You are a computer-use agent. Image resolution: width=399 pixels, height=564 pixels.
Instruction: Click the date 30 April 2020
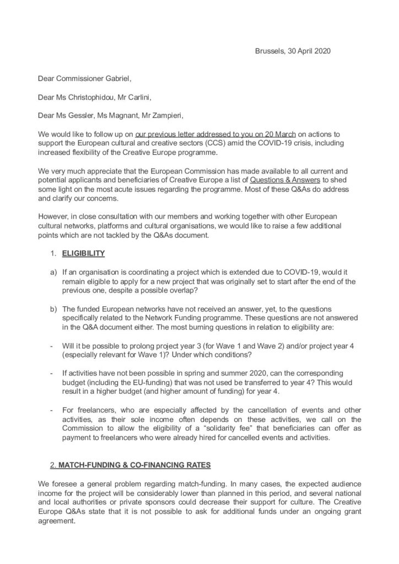tap(305, 51)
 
